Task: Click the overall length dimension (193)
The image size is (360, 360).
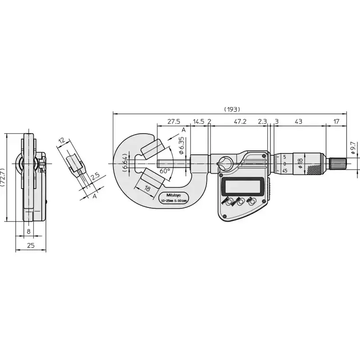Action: (x=232, y=109)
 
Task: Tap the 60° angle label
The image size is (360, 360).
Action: (x=165, y=171)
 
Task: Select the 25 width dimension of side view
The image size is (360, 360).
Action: (x=30, y=245)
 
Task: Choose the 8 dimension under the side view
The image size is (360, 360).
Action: (x=29, y=231)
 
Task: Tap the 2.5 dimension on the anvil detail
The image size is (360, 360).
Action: (x=95, y=176)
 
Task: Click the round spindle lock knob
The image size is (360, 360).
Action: (x=224, y=162)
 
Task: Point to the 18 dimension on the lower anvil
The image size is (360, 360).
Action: (x=147, y=187)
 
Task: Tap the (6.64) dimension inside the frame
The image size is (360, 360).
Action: (x=124, y=162)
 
